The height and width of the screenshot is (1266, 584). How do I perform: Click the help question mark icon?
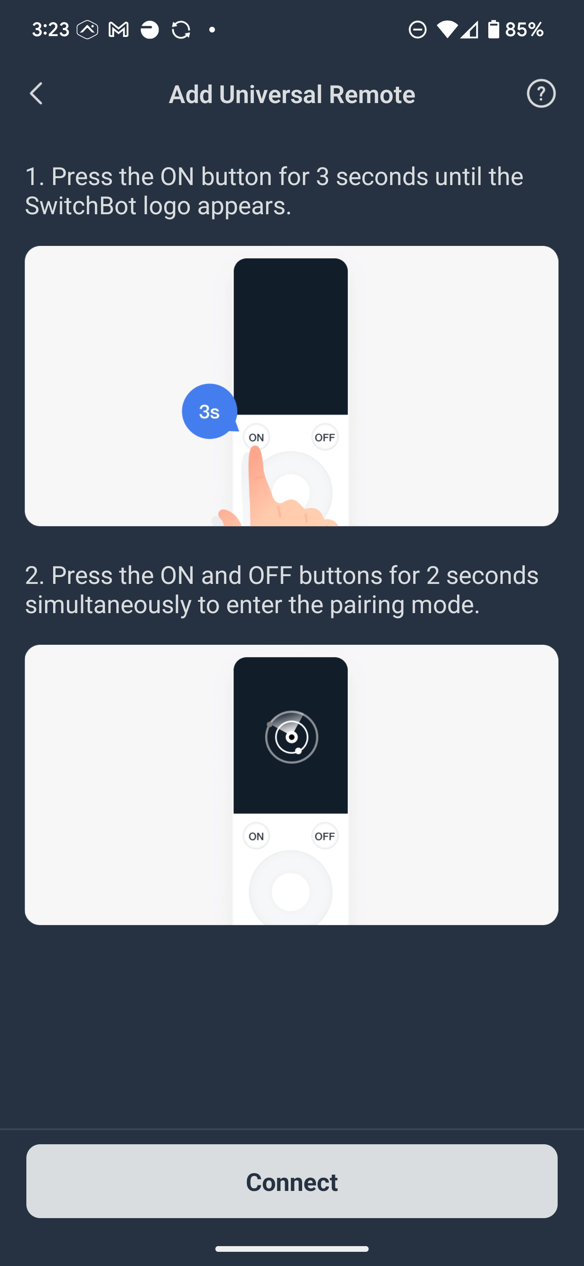click(x=541, y=93)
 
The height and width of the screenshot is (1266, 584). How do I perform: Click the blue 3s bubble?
click(x=209, y=411)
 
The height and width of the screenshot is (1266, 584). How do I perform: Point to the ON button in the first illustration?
click(x=256, y=437)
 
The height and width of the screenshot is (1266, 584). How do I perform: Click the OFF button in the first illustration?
click(x=325, y=437)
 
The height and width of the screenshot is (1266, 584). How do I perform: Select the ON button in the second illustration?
click(x=256, y=836)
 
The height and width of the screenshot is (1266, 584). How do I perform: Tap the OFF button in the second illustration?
click(x=325, y=836)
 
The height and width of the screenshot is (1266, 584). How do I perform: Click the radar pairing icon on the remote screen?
click(x=291, y=737)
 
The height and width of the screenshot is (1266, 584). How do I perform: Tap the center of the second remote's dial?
click(x=290, y=891)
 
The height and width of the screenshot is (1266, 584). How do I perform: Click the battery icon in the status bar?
click(x=493, y=30)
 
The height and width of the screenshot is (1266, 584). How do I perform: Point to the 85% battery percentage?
click(x=524, y=30)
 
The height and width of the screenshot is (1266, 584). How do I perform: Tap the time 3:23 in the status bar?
click(x=51, y=30)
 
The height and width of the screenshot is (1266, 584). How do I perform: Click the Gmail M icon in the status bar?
click(x=118, y=30)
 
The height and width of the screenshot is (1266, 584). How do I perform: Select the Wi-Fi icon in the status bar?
click(x=447, y=30)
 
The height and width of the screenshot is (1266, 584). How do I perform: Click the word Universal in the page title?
click(x=271, y=95)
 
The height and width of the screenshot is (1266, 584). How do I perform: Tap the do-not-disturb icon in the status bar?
click(x=417, y=30)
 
